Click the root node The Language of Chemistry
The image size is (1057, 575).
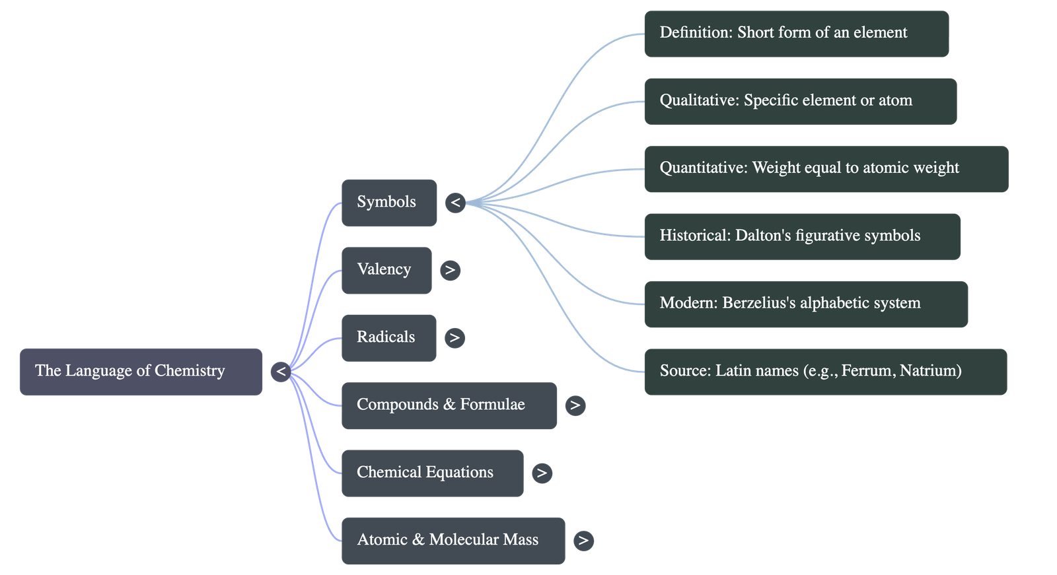pos(140,372)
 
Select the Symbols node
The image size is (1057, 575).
pos(388,203)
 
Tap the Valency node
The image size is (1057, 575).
pos(386,270)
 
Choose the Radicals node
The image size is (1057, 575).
pos(388,337)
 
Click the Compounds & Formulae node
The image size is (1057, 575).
pos(449,405)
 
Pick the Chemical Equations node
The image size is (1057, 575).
pos(432,473)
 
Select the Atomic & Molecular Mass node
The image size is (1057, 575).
pos(453,540)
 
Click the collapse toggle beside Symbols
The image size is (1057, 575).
pos(455,203)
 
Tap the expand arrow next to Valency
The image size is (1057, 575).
pos(450,270)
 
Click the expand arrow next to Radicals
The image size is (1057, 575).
pos(454,338)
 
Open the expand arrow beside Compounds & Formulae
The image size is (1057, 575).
pos(575,405)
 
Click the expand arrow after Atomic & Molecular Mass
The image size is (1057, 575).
pos(583,541)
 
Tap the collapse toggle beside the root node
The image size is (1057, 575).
pos(281,372)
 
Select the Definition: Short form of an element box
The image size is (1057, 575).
pos(796,34)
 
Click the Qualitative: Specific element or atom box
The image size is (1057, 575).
pos(800,101)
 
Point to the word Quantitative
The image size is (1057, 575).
pos(703,168)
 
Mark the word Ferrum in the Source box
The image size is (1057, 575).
pos(866,371)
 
